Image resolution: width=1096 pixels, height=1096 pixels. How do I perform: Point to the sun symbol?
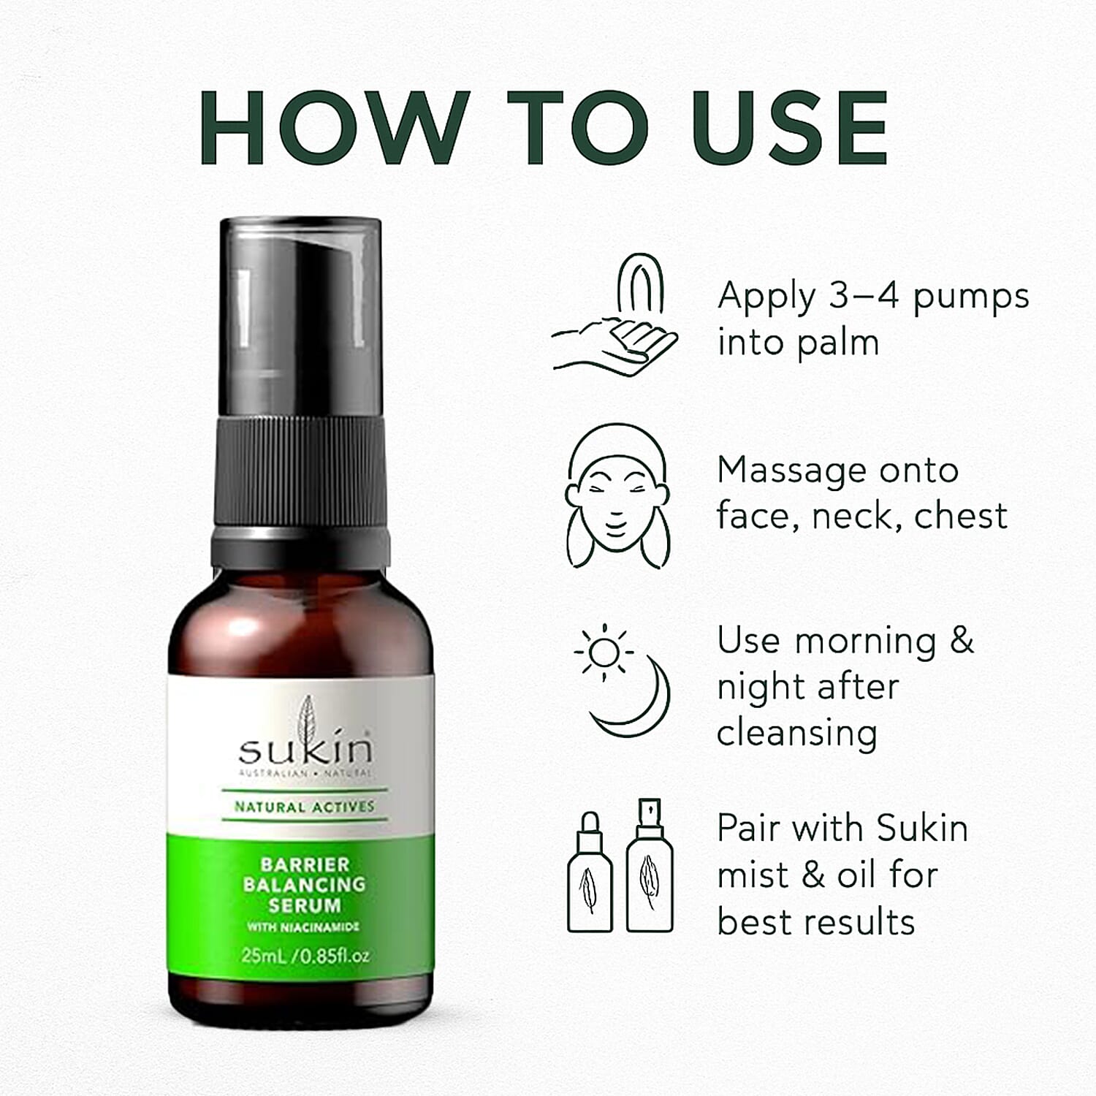click(604, 650)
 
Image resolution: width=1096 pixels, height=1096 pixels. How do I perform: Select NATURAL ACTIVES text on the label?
click(304, 807)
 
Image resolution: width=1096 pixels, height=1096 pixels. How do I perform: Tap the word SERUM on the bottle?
click(304, 905)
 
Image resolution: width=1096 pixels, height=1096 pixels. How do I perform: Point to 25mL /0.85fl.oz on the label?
click(305, 956)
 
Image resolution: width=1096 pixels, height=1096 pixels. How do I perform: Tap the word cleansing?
click(796, 734)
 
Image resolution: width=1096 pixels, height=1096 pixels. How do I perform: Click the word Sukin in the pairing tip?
click(922, 829)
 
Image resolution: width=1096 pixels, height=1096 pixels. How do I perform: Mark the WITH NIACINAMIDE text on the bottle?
click(303, 927)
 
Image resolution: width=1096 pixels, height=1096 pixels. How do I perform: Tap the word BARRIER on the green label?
click(305, 864)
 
